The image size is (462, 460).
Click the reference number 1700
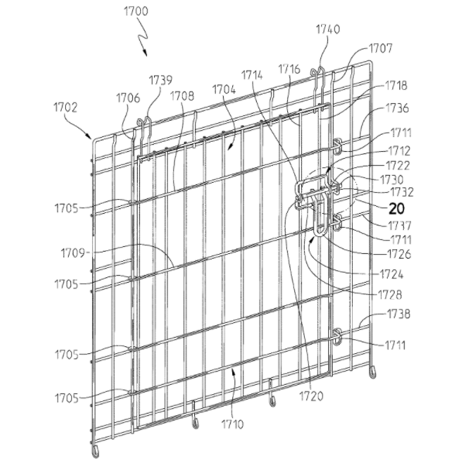click(x=136, y=11)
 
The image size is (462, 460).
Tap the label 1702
click(x=66, y=108)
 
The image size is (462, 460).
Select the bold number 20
click(x=396, y=209)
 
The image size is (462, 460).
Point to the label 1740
click(x=328, y=29)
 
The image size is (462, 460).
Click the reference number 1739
click(x=161, y=81)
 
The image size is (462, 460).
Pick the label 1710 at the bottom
click(x=232, y=424)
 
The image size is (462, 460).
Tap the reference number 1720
click(x=311, y=396)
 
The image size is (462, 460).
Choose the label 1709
click(x=73, y=253)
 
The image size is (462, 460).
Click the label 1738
click(x=399, y=314)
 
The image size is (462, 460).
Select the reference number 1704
click(x=224, y=89)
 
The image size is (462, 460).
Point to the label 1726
click(x=399, y=254)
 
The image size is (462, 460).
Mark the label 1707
click(x=381, y=48)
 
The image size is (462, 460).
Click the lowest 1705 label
click(x=67, y=398)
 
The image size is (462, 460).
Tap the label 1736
click(x=397, y=108)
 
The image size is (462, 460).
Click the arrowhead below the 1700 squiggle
click(x=145, y=53)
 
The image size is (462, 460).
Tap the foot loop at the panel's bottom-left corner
click(x=96, y=450)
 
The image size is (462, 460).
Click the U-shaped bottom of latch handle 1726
click(x=319, y=233)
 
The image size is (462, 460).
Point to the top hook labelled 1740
click(x=318, y=72)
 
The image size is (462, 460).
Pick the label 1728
click(x=390, y=294)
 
